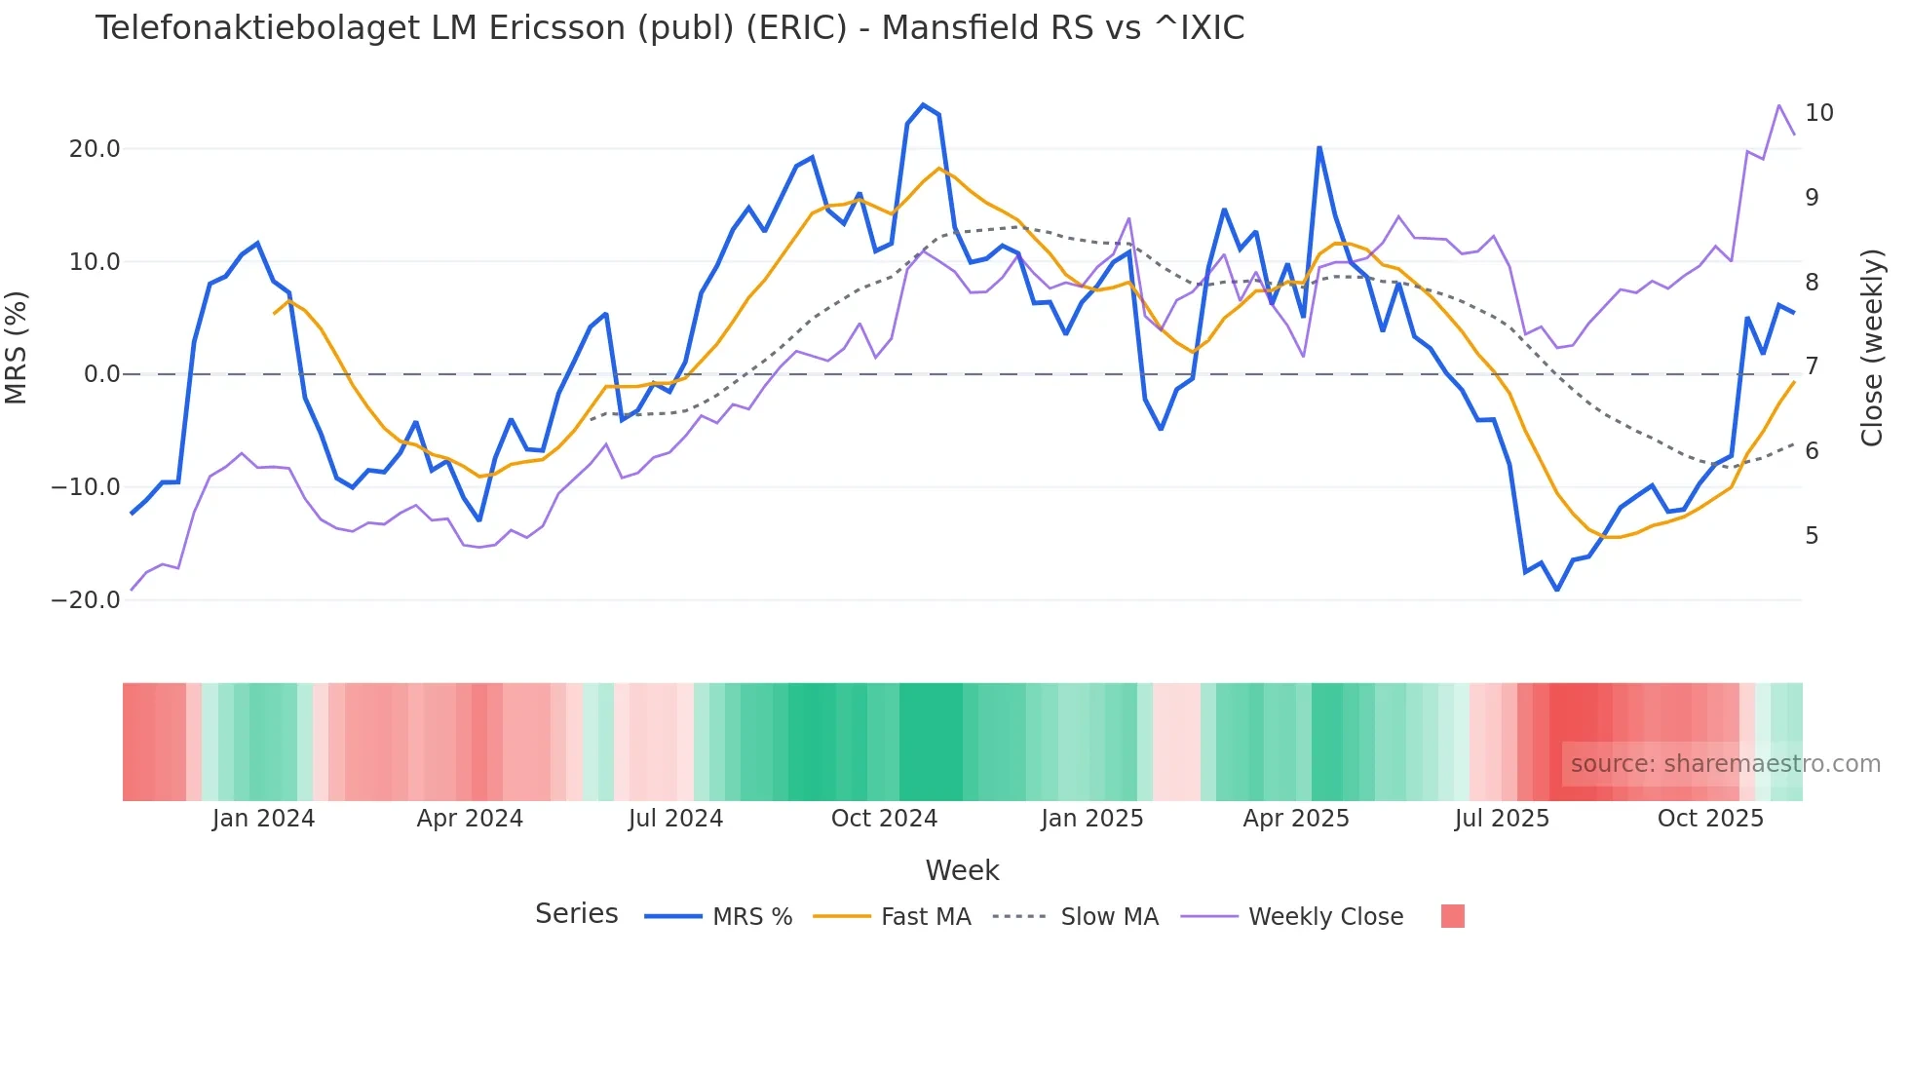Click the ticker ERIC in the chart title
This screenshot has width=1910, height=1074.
[x=796, y=28]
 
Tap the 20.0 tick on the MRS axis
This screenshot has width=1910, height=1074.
[x=95, y=149]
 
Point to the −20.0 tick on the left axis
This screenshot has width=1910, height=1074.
[x=87, y=600]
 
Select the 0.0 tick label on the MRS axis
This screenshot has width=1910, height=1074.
[x=101, y=374]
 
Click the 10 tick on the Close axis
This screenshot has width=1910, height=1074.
[x=1818, y=113]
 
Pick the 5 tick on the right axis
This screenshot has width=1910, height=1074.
[x=1812, y=536]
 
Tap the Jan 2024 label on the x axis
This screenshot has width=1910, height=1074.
[x=263, y=819]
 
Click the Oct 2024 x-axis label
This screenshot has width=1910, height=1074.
[x=884, y=819]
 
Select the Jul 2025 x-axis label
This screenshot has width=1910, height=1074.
[x=1502, y=819]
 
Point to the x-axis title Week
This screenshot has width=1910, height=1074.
[x=962, y=870]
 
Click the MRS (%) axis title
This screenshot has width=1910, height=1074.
[x=17, y=348]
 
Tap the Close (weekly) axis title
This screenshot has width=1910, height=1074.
[x=1871, y=348]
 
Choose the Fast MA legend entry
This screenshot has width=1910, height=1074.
[x=925, y=917]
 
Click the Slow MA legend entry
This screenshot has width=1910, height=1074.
[x=1109, y=917]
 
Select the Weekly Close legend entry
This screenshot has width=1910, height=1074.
[x=1325, y=917]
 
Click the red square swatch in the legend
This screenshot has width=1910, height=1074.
[x=1452, y=916]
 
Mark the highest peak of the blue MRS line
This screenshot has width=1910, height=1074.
[x=923, y=105]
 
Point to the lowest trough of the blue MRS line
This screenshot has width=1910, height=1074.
[x=1557, y=590]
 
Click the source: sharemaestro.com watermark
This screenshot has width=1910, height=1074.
[x=1725, y=764]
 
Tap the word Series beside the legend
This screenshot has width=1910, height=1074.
[x=576, y=914]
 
